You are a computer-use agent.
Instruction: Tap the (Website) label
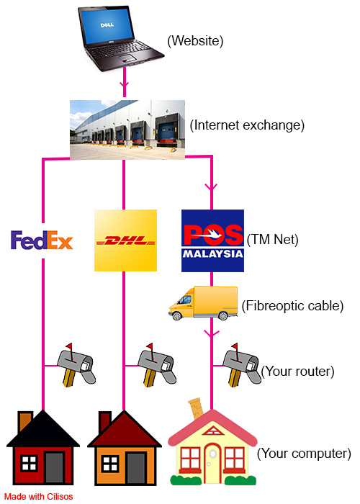click(195, 41)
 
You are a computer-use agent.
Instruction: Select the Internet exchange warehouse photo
click(127, 130)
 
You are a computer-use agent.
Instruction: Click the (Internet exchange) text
click(247, 125)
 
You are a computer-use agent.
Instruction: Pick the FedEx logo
click(42, 240)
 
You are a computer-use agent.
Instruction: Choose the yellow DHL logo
click(125, 240)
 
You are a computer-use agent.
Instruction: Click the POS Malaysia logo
click(212, 240)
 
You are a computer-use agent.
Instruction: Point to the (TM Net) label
click(273, 240)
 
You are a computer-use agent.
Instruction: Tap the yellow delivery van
click(203, 303)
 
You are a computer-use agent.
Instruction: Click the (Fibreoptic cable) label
click(292, 306)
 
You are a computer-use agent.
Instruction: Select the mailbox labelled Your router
click(242, 365)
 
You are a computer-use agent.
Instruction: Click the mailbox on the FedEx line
click(76, 365)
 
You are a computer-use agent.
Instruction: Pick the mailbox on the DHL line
click(157, 365)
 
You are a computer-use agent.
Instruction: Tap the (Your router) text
click(297, 372)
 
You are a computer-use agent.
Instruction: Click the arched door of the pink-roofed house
click(212, 462)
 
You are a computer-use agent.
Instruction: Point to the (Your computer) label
click(304, 454)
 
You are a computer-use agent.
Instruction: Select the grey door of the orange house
click(136, 468)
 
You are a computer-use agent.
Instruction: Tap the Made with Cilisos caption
click(39, 497)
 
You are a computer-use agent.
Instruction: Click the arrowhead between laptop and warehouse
click(125, 84)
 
